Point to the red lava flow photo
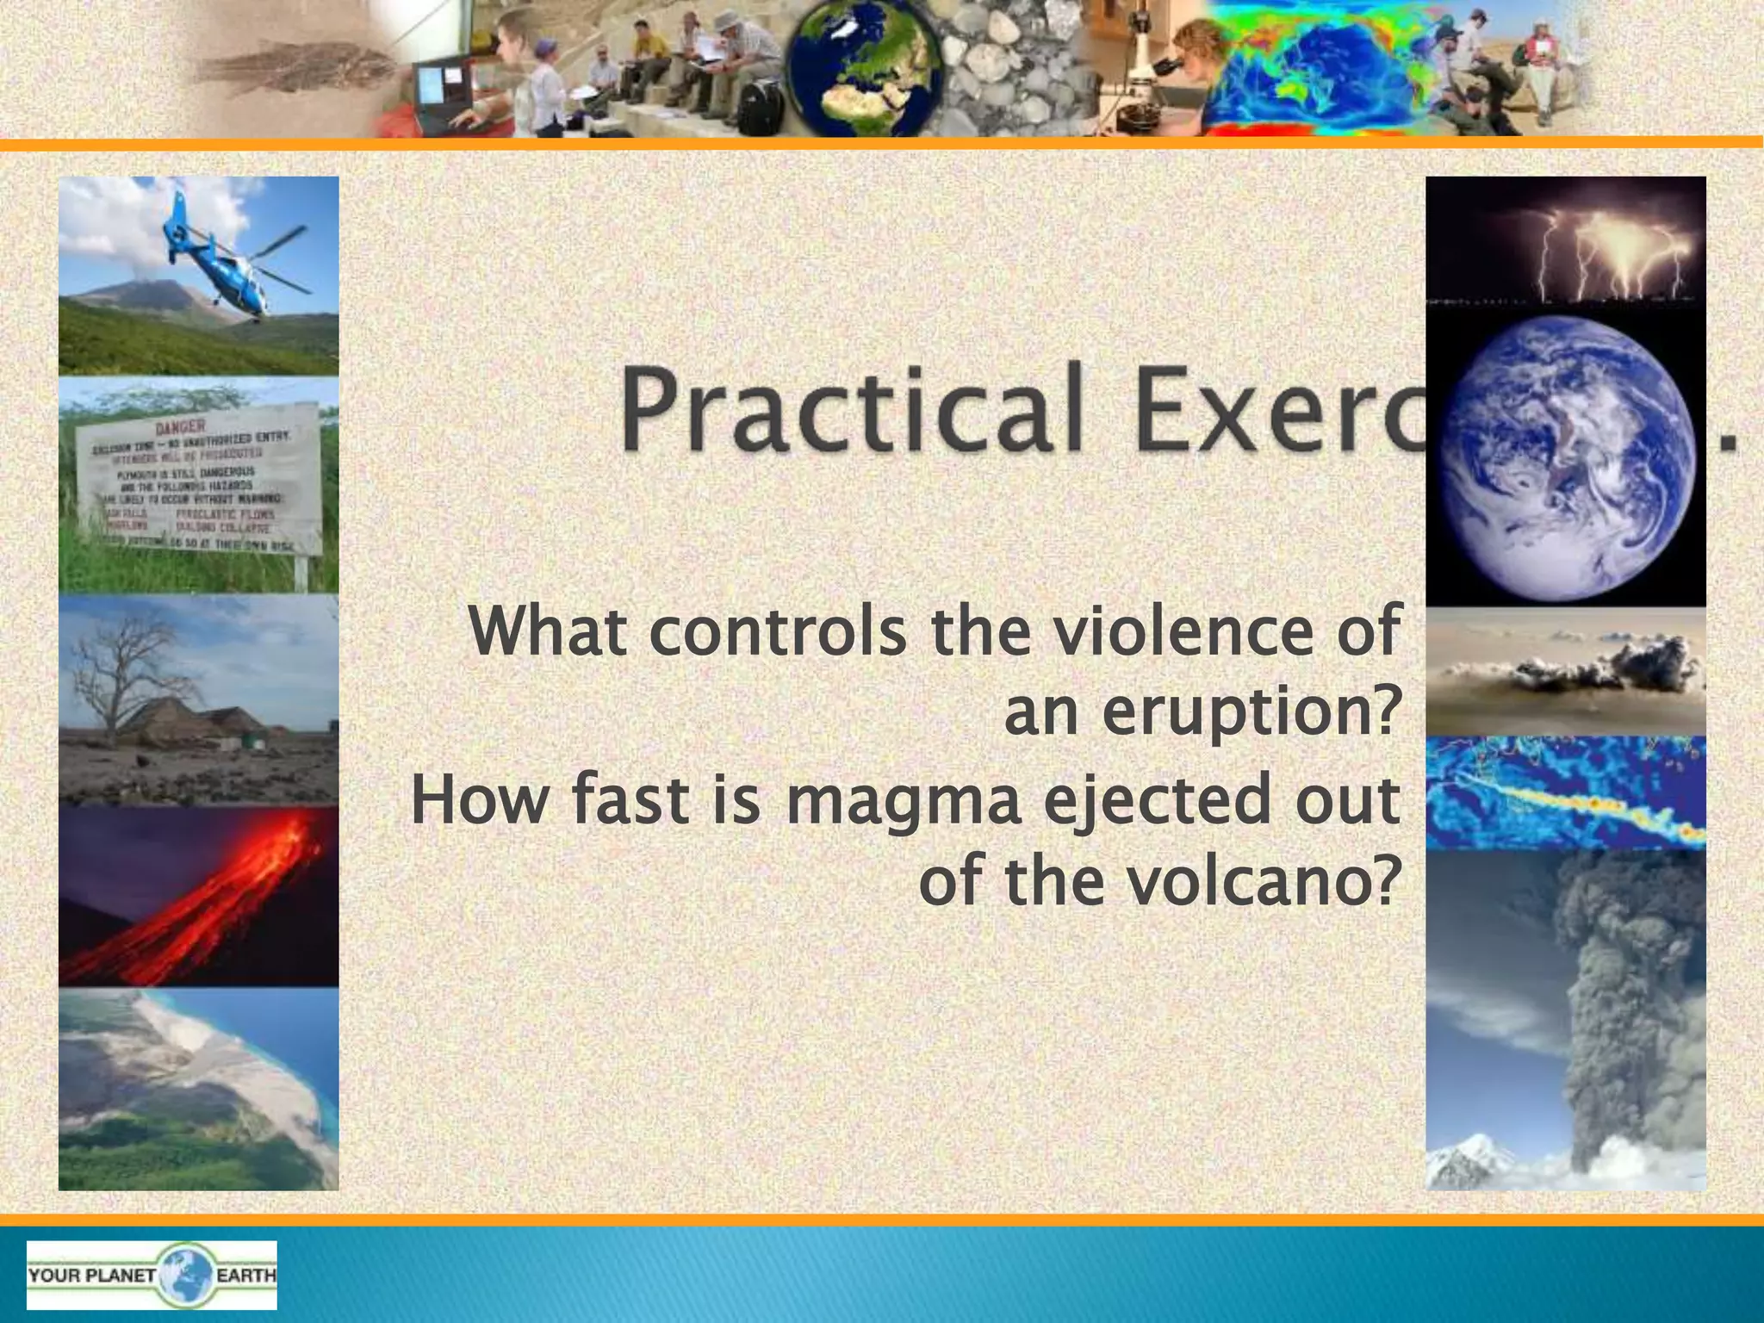pyautogui.click(x=198, y=896)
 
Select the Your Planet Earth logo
pyautogui.click(x=152, y=1275)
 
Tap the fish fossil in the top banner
pyautogui.click(x=293, y=65)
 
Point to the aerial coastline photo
pyautogui.click(x=198, y=1090)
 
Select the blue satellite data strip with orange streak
pyautogui.click(x=1566, y=792)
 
